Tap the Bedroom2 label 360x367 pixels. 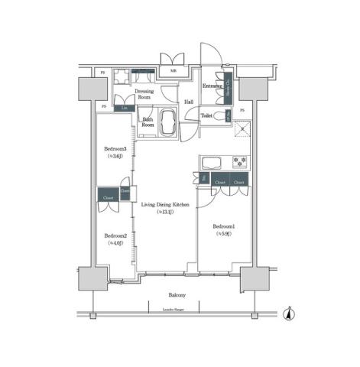click(115, 235)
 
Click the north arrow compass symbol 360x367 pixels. click(288, 313)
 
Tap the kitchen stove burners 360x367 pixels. click(241, 162)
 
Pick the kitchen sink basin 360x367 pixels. click(211, 162)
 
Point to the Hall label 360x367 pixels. click(188, 102)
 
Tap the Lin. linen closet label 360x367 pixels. click(125, 109)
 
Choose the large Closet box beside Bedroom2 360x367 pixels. click(106, 196)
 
